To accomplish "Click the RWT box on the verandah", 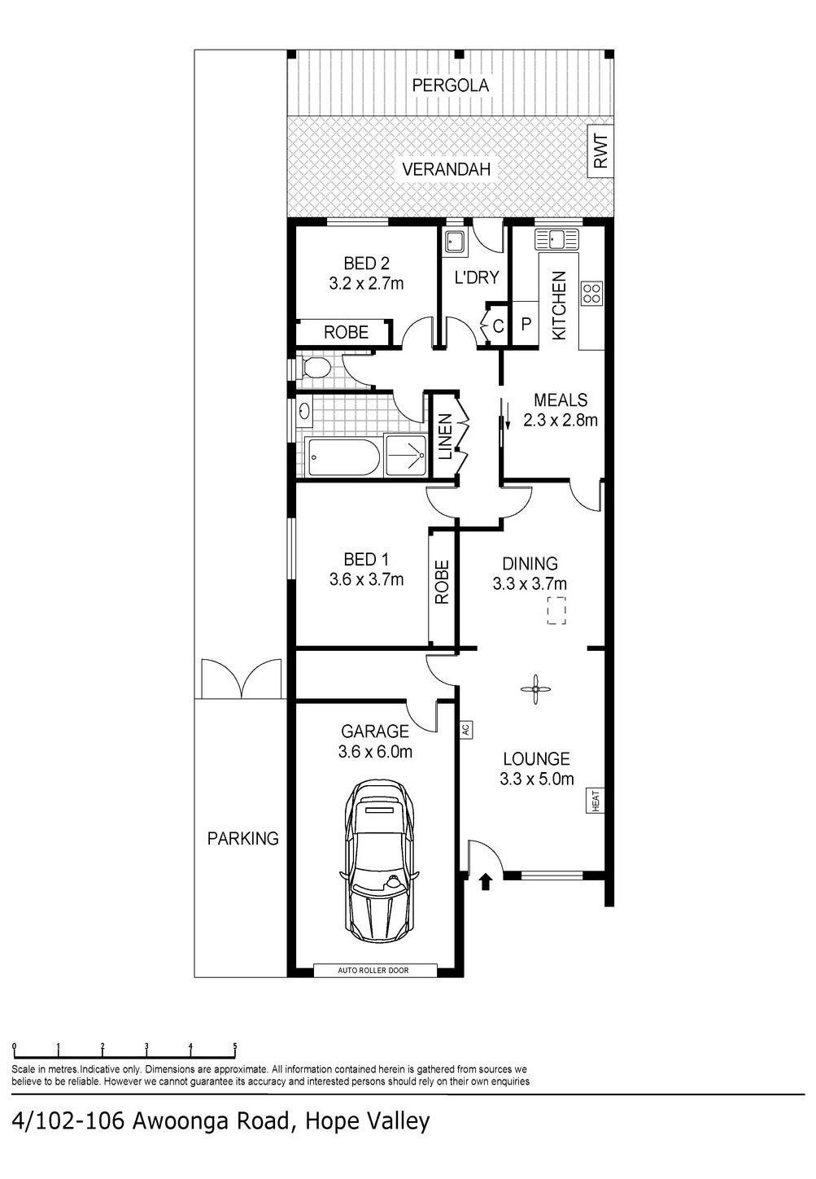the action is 600,151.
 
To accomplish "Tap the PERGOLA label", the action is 450,85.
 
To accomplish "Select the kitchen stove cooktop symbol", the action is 591,293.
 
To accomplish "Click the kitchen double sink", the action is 556,239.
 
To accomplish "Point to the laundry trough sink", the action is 455,242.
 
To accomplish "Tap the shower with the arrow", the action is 405,456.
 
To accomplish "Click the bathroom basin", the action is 304,411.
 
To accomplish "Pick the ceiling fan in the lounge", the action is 535,689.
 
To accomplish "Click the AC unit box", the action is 465,730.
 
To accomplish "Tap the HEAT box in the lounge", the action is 596,800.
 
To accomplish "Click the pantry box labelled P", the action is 526,324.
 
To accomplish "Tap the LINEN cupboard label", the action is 445,436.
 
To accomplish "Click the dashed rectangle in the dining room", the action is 556,610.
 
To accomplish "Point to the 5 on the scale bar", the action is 235,1046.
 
